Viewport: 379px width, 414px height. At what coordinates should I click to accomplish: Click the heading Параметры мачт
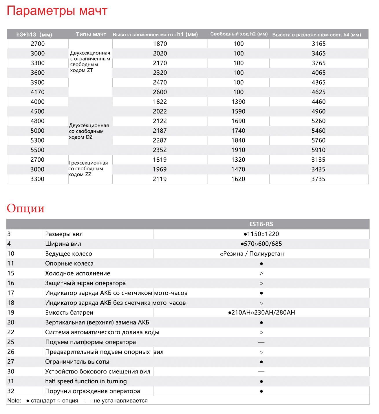click(x=57, y=11)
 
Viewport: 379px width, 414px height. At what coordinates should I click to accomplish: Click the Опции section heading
click(x=25, y=208)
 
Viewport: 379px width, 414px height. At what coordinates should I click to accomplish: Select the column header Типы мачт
click(x=91, y=34)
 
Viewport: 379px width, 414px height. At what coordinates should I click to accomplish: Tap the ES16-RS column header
click(x=261, y=224)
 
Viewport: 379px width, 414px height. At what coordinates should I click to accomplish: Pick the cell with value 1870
click(x=160, y=44)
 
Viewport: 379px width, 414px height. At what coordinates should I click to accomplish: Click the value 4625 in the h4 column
click(x=318, y=92)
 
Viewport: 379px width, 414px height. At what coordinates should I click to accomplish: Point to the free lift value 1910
click(x=238, y=150)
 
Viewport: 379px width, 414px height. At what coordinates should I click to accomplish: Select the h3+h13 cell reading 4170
click(x=38, y=92)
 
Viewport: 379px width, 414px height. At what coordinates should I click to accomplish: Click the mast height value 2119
click(x=160, y=179)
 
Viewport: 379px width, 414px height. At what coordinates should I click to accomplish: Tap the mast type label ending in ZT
click(x=90, y=62)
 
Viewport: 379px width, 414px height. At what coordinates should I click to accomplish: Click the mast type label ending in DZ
click(x=89, y=131)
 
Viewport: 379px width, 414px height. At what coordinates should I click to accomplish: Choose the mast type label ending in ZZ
click(x=88, y=169)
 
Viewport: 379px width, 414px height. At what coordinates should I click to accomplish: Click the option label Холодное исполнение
click(x=78, y=273)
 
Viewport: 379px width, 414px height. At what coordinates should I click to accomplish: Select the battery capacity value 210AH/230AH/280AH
click(x=261, y=313)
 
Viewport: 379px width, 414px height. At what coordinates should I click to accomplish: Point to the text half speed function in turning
click(x=86, y=381)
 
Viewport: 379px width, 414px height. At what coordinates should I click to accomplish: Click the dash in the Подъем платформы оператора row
click(x=261, y=342)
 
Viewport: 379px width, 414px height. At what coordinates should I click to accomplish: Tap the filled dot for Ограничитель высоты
click(x=261, y=362)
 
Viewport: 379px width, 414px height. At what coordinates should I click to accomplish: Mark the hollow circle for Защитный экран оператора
click(x=261, y=283)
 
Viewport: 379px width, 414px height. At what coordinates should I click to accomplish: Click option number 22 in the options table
click(x=11, y=332)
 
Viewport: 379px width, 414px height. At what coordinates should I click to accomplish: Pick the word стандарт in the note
click(x=43, y=401)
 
